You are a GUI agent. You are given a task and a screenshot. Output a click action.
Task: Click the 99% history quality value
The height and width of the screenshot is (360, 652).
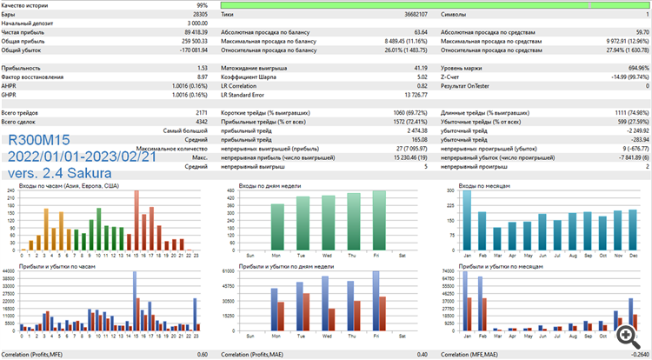(201, 5)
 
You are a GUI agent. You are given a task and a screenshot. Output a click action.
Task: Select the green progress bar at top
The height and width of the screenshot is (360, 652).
(435, 5)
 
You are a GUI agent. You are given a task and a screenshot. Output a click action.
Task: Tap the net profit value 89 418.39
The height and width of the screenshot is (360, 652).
(190, 31)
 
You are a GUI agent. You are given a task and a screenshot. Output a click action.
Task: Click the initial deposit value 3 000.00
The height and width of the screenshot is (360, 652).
(195, 23)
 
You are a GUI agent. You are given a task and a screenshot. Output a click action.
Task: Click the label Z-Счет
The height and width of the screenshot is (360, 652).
(453, 77)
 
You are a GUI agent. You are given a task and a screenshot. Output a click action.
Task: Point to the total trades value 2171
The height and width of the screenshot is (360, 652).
(198, 112)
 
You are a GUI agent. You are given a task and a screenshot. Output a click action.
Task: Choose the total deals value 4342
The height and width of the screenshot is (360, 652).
(198, 121)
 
